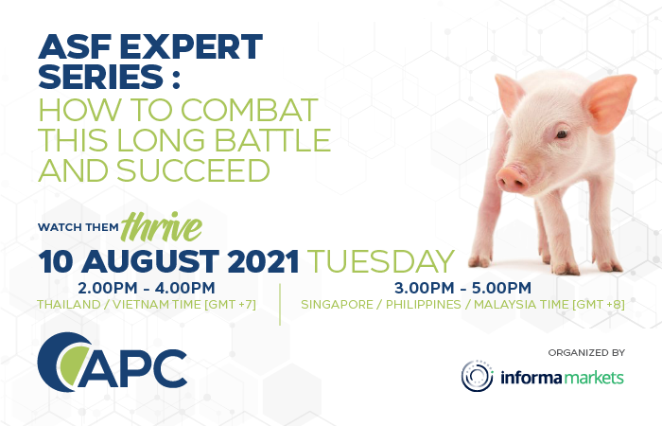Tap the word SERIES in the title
[x=101, y=77]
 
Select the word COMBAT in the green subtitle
[x=249, y=110]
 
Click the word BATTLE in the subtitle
[x=272, y=140]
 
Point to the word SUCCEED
[x=193, y=170]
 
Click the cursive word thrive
[x=162, y=227]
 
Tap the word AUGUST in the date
[x=149, y=261]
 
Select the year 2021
[x=263, y=261]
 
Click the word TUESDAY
[x=380, y=261]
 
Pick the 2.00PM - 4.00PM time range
[x=146, y=288]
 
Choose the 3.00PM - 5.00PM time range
[x=462, y=288]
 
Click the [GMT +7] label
[x=231, y=304]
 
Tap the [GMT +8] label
[x=599, y=304]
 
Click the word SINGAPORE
[x=337, y=304]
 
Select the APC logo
[x=113, y=363]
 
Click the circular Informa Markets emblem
[x=477, y=376]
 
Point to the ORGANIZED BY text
[x=586, y=352]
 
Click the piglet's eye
[x=562, y=134]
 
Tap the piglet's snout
[x=513, y=179]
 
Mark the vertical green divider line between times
[x=280, y=304]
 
